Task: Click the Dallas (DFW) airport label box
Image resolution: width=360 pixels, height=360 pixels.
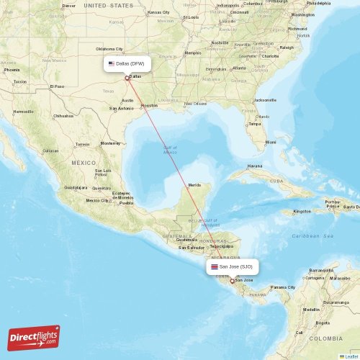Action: pyautogui.click(x=127, y=63)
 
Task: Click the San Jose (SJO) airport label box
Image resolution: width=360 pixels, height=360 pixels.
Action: pyautogui.click(x=231, y=266)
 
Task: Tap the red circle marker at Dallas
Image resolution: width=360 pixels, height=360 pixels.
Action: pyautogui.click(x=127, y=78)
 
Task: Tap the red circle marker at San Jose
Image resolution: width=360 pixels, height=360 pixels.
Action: pyautogui.click(x=231, y=281)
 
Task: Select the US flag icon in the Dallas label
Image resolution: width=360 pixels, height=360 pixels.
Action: pyautogui.click(x=111, y=63)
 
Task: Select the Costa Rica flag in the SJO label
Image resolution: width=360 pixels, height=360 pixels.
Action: pyautogui.click(x=214, y=266)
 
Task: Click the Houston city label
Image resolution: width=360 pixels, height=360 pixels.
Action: pyautogui.click(x=149, y=105)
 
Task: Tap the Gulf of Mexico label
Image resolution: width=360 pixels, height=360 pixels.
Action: pyautogui.click(x=170, y=150)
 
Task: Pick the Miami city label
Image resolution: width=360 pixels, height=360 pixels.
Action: pyautogui.click(x=270, y=142)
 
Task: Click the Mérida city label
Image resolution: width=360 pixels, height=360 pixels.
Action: pyautogui.click(x=194, y=185)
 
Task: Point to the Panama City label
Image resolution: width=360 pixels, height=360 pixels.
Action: pyautogui.click(x=278, y=287)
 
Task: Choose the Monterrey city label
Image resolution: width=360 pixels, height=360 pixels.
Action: pyautogui.click(x=110, y=143)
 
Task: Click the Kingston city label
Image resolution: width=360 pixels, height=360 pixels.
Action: pyautogui.click(x=302, y=211)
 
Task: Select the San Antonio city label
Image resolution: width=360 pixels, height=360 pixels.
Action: pyautogui.click(x=122, y=109)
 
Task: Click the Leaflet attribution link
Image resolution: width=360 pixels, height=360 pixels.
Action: pyautogui.click(x=351, y=356)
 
